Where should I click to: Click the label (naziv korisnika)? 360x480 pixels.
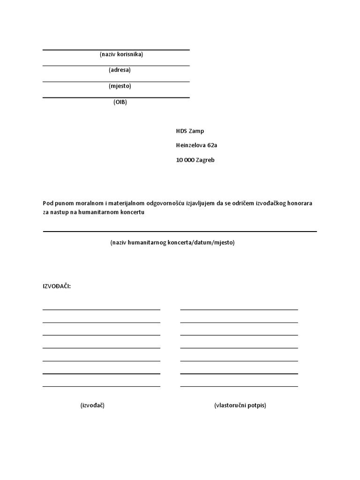coord(121,54)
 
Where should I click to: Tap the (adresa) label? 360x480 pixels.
coord(120,70)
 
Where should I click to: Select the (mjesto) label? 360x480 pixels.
coord(120,86)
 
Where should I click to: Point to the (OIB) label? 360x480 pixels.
coord(120,102)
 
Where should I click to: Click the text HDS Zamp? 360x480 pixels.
coord(190,131)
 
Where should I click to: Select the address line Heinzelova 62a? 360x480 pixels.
coord(196,145)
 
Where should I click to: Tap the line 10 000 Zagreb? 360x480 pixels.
coord(195,160)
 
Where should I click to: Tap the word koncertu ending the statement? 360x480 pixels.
coord(131,212)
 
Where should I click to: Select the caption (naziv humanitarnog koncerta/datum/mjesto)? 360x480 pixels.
coord(172,243)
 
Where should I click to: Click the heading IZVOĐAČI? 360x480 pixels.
coord(57,286)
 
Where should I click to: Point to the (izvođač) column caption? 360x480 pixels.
coord(92,405)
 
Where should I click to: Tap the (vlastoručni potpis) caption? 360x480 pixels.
coord(240,405)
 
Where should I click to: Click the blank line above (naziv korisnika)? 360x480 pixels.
coord(116,50)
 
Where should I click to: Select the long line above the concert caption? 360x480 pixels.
coord(180,231)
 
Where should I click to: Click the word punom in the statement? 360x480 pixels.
coord(64,203)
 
